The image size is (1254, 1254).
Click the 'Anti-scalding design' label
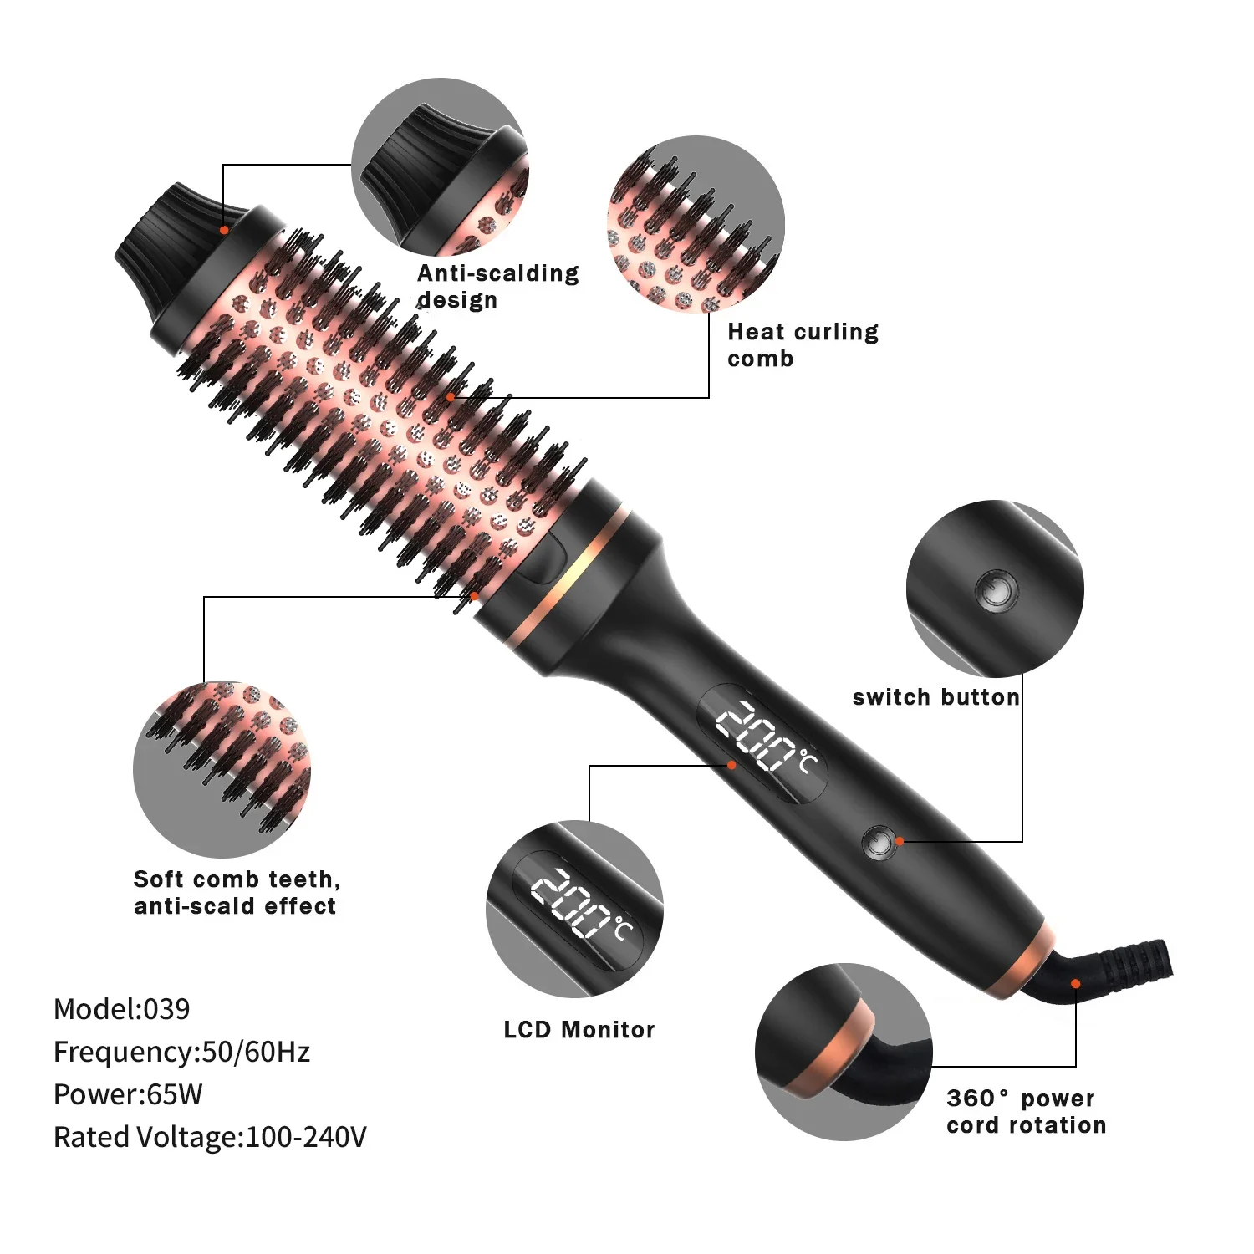pos(497,286)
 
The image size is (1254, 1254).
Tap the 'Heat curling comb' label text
pos(803,344)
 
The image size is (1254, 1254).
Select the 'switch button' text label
pos(935,697)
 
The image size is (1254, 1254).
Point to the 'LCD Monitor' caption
pos(579,1029)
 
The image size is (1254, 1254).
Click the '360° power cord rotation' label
pos(1026,1111)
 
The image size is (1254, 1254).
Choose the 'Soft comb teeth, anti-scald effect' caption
pos(237,892)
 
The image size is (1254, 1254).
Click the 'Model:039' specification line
pos(121,1009)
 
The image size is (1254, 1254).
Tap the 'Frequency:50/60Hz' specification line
pos(181,1052)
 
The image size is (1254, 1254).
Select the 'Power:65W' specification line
pos(128,1094)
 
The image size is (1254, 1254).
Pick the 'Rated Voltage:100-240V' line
pos(210,1137)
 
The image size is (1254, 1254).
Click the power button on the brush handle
pos(878,843)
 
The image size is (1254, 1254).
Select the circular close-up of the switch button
pos(995,589)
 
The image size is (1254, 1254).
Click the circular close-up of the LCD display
pos(574,909)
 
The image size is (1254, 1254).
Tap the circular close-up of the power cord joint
pos(844,1052)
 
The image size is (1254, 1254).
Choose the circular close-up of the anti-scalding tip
pos(440,167)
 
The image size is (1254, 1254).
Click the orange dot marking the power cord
pos(1076,984)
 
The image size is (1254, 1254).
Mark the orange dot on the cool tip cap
pos(224,230)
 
